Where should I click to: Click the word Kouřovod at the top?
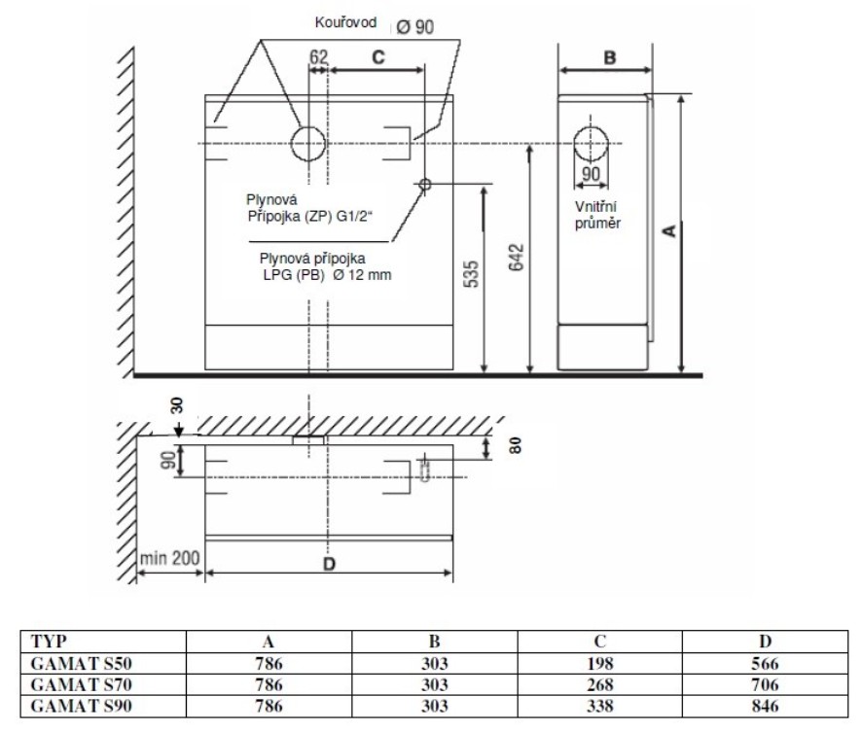345,22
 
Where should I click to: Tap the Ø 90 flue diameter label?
415,26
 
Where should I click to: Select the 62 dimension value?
318,56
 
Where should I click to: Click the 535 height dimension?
472,274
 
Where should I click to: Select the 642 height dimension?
517,257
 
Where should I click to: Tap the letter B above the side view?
610,57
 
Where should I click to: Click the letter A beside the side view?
669,230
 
